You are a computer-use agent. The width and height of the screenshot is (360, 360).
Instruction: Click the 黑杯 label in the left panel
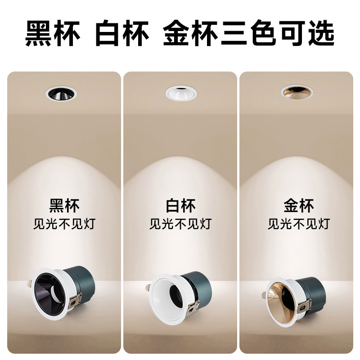click(64, 206)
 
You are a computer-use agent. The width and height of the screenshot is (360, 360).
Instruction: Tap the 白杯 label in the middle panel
click(180, 206)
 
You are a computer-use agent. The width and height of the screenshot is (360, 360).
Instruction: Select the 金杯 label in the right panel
click(299, 206)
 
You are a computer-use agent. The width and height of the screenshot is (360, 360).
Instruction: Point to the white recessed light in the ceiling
click(181, 93)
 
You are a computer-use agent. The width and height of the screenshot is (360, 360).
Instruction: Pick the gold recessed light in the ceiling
click(297, 92)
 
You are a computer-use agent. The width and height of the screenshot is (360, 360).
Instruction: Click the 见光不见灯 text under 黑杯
click(64, 224)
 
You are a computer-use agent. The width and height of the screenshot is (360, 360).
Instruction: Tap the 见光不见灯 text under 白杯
click(180, 224)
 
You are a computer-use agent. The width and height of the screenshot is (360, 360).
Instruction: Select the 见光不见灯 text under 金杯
click(299, 224)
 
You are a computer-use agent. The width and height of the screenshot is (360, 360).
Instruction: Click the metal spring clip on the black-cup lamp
click(75, 300)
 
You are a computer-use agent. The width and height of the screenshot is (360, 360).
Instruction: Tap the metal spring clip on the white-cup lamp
click(193, 307)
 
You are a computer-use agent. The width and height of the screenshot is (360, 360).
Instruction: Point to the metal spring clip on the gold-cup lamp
click(305, 305)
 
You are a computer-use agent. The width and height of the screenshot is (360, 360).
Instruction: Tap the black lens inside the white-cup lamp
click(176, 295)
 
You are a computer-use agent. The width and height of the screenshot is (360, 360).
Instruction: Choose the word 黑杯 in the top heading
click(53, 33)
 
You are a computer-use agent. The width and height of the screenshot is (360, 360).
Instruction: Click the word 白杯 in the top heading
click(122, 33)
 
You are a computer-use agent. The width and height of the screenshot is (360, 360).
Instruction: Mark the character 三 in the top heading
click(234, 33)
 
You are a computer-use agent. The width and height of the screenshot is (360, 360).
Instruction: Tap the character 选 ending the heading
click(321, 33)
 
